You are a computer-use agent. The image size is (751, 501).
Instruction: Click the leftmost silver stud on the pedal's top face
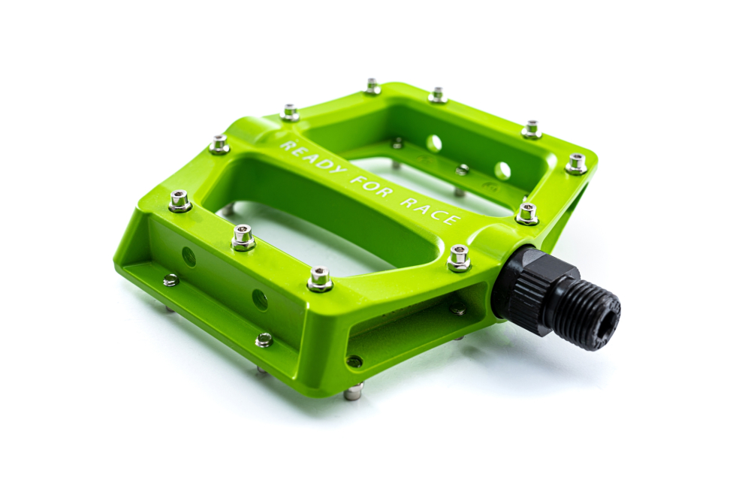pos(179,201)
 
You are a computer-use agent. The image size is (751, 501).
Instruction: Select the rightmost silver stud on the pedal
pos(576,163)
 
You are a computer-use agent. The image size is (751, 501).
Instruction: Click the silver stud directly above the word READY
pos(290,113)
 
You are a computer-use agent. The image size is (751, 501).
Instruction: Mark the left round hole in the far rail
pos(433,143)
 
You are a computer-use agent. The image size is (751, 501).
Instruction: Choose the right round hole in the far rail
pos(502,171)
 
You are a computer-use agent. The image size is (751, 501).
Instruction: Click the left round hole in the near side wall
pos(189,257)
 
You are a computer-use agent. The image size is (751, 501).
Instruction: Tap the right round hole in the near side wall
pos(260,300)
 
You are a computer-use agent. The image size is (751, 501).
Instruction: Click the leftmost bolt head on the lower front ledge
pos(171,280)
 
